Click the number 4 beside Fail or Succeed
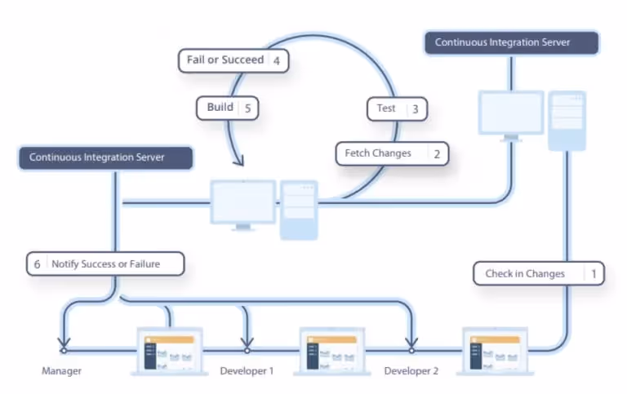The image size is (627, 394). click(x=277, y=60)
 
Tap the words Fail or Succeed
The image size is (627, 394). click(x=225, y=60)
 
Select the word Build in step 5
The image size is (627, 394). click(x=220, y=107)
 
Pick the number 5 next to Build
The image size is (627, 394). click(x=248, y=108)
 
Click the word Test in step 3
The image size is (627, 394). click(x=386, y=108)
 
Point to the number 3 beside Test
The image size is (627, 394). click(x=415, y=108)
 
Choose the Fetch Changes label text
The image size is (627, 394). click(x=377, y=153)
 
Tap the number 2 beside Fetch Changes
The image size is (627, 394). click(x=436, y=153)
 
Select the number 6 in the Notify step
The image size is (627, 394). click(x=37, y=264)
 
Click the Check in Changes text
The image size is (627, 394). click(x=525, y=273)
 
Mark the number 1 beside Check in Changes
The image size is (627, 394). click(x=594, y=273)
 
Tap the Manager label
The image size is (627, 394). click(x=61, y=371)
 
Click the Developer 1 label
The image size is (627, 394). click(x=247, y=371)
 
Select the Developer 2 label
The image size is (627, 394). click(x=411, y=371)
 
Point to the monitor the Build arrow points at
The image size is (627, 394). click(x=242, y=202)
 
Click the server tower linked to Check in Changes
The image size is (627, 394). click(x=567, y=120)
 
